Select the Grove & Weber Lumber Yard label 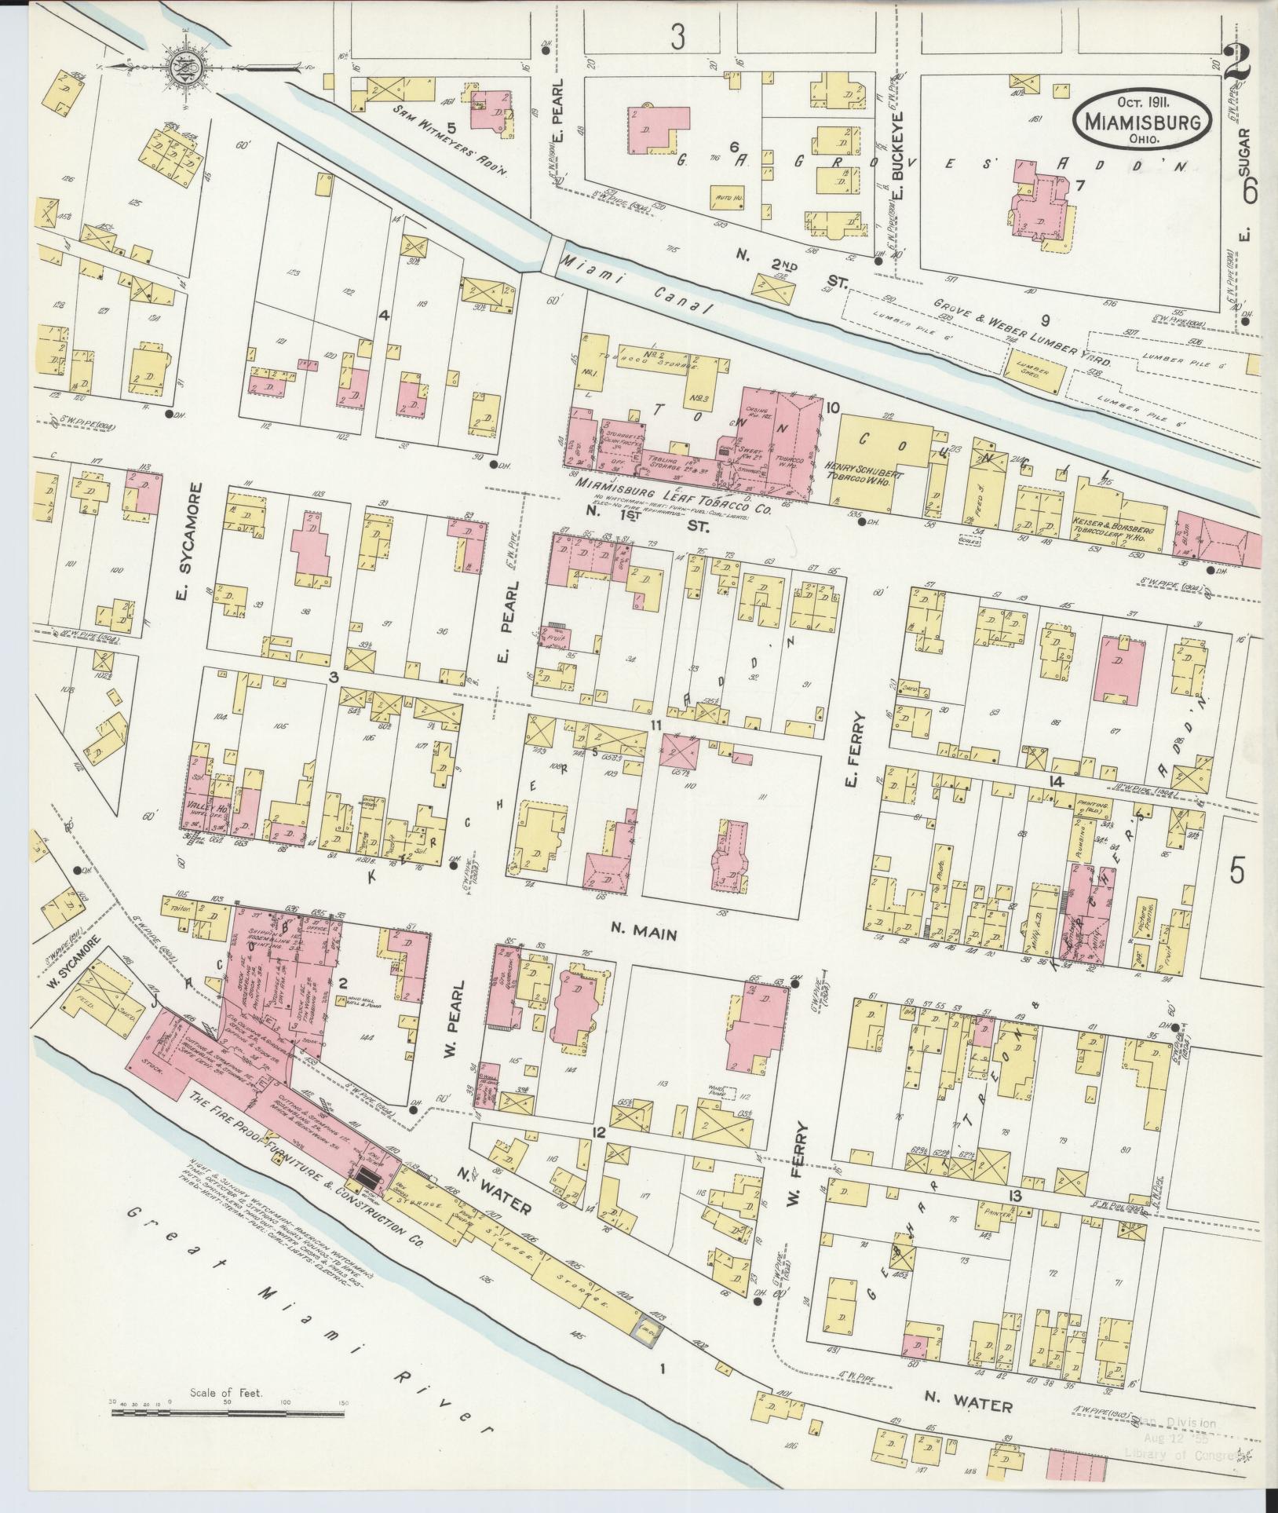coord(1021,333)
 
